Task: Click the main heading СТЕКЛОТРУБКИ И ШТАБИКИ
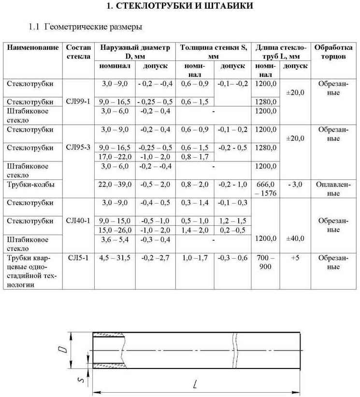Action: tap(179, 6)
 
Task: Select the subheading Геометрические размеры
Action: tap(86, 27)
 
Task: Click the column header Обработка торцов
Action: tap(333, 52)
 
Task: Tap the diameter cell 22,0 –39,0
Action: tap(115, 184)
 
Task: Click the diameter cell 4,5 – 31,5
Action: tap(115, 258)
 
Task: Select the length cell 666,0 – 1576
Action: tap(265, 189)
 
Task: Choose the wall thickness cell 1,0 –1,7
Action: tap(194, 258)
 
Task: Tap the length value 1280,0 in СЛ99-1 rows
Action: tap(266, 102)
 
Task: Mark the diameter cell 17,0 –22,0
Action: tap(115, 157)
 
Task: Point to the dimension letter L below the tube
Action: tap(194, 385)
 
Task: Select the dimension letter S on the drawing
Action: tap(82, 380)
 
